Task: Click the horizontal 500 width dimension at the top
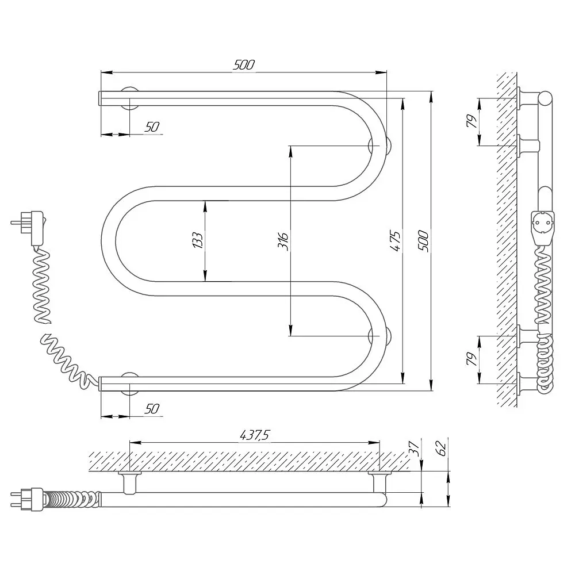[x=243, y=65]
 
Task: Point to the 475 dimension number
[x=395, y=240]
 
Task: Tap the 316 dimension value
[x=282, y=241]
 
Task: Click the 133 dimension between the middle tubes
[x=197, y=240]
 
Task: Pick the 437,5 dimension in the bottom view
[x=255, y=435]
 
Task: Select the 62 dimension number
[x=442, y=448]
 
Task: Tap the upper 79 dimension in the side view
[x=471, y=121]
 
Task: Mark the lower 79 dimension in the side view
[x=471, y=359]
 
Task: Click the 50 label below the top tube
[x=152, y=127]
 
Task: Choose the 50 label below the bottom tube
[x=152, y=408]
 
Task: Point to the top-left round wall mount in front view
[x=130, y=98]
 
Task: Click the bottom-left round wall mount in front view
[x=130, y=384]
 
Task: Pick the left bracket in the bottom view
[x=130, y=482]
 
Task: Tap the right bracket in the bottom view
[x=379, y=482]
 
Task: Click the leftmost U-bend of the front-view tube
[x=109, y=241]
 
